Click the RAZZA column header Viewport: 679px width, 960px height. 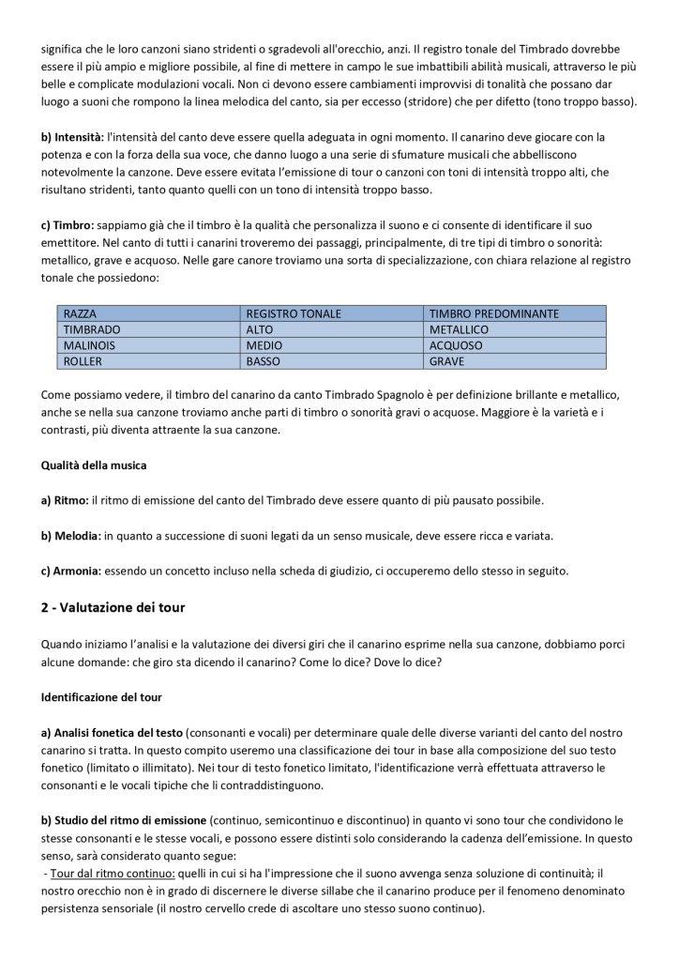tap(80, 313)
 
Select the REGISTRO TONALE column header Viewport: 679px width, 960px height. tap(293, 313)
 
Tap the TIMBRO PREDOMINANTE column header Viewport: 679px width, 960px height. tap(493, 313)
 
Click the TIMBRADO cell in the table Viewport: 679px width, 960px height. tap(92, 329)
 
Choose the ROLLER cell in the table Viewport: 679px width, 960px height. tap(83, 359)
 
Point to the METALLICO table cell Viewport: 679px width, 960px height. tap(460, 329)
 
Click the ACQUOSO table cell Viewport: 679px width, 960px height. tap(455, 344)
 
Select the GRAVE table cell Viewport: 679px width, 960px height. tap(446, 359)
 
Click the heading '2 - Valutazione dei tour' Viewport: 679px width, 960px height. tap(113, 608)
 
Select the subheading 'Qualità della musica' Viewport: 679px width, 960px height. tap(94, 465)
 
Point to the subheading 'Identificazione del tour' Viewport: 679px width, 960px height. tap(104, 697)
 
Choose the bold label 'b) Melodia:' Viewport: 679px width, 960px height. tap(71, 536)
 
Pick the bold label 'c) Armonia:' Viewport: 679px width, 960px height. tap(71, 571)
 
